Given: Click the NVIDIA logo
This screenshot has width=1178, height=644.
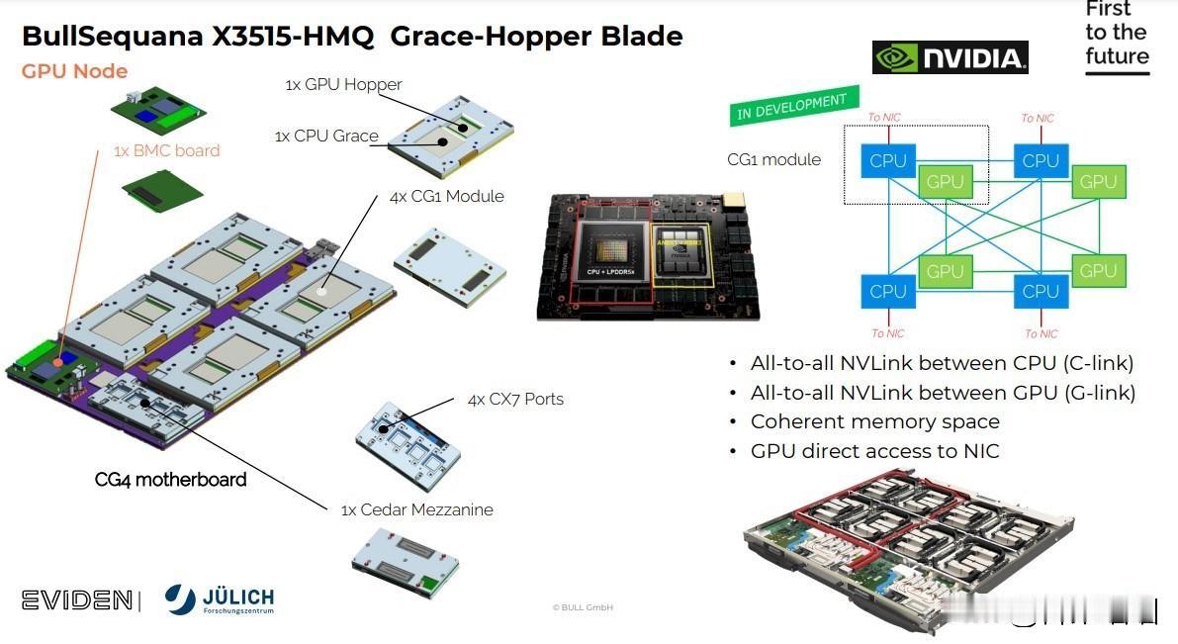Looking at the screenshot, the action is (951, 57).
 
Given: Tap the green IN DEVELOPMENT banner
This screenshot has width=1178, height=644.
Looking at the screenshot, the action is (792, 107).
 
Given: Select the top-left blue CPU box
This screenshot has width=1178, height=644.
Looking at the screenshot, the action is (887, 160).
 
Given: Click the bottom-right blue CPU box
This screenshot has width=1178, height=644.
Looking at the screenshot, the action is (1041, 291).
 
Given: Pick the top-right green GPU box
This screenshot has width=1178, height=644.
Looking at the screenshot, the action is (1098, 182).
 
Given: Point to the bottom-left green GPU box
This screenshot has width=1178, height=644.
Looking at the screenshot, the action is (945, 271).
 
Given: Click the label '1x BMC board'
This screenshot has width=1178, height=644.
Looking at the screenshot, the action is (166, 150).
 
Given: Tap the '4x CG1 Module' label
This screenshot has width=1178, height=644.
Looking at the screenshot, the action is (446, 196).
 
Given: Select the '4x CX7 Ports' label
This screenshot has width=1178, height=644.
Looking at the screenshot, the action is (515, 399).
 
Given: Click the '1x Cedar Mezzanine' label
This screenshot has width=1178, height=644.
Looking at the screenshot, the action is (416, 509).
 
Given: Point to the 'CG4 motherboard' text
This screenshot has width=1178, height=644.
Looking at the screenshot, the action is (170, 480).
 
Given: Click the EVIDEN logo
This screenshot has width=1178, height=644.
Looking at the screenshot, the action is (76, 599).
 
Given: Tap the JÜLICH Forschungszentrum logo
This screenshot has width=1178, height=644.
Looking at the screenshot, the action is (220, 598).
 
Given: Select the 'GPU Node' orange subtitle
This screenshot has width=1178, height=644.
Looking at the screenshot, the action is (74, 71).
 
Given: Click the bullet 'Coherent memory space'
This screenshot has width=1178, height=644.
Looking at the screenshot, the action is (874, 421).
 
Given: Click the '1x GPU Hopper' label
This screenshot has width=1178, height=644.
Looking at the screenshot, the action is (343, 84).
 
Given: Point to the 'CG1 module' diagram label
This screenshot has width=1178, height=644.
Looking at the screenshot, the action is (773, 159).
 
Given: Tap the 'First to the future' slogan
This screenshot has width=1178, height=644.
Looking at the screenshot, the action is (1117, 34).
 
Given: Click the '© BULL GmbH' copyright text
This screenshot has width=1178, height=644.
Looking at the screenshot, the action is (583, 607).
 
